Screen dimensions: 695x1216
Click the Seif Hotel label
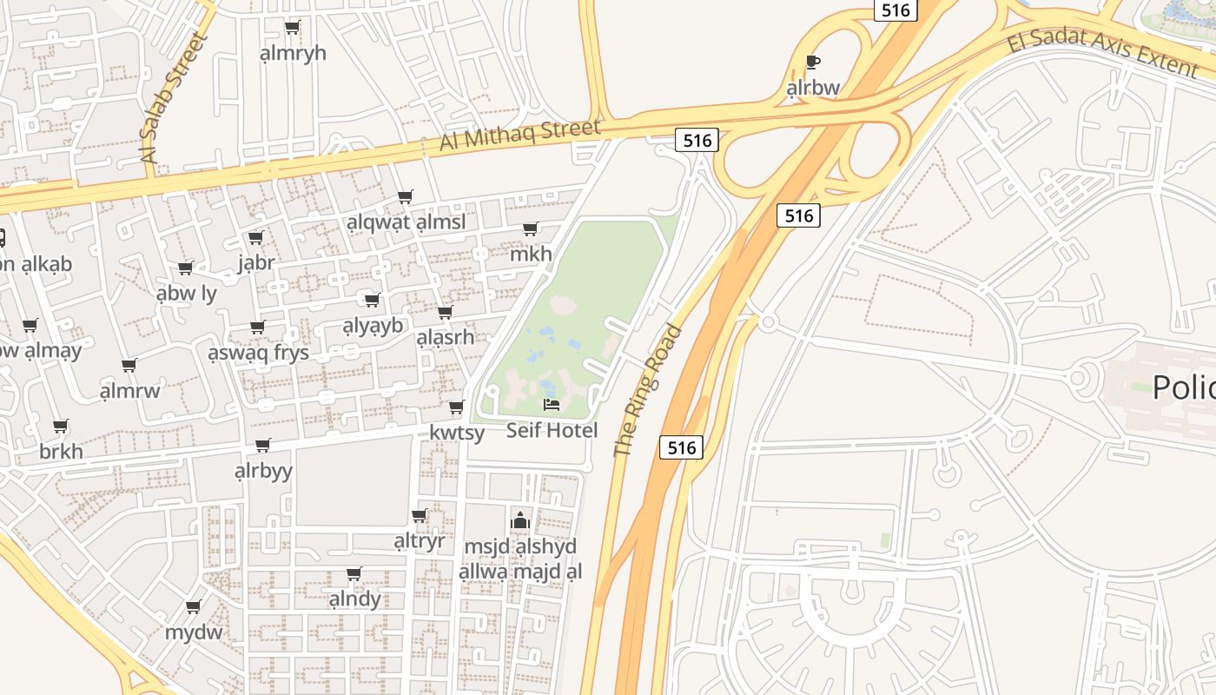click(x=552, y=430)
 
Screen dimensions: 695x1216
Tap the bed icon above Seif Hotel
click(x=552, y=404)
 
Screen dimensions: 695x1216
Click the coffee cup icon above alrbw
click(x=813, y=62)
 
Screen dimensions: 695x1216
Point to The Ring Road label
click(x=648, y=390)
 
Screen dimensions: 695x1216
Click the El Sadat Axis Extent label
click(x=1102, y=53)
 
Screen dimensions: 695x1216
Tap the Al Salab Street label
click(x=175, y=97)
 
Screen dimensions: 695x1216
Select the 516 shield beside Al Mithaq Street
click(x=697, y=140)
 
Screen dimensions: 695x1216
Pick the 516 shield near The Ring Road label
click(x=681, y=447)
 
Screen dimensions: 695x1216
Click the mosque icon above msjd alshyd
click(x=520, y=520)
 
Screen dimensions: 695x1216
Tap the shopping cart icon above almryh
click(x=293, y=27)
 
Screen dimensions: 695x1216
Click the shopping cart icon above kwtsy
click(x=457, y=407)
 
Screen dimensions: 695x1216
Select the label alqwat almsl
click(x=406, y=222)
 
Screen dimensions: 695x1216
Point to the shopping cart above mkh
click(x=530, y=228)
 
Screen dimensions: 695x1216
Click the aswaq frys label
click(x=258, y=353)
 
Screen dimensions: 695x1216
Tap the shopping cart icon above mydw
click(x=194, y=606)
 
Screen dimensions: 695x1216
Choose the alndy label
click(x=354, y=599)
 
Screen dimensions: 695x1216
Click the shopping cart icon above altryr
click(x=420, y=515)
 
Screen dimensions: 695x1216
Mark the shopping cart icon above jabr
click(x=256, y=237)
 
